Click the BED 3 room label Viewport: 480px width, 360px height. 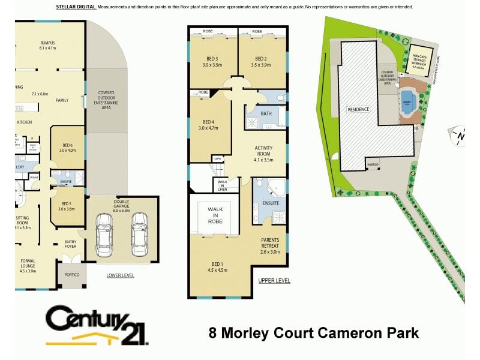212,61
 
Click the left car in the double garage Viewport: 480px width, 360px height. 104,232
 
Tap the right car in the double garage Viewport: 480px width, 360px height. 139,231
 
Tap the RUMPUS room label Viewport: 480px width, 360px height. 47,45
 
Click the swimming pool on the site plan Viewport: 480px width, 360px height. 409,101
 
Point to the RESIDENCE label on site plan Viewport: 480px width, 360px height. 359,109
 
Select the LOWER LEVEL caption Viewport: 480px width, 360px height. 120,275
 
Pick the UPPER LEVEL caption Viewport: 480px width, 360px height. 274,280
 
